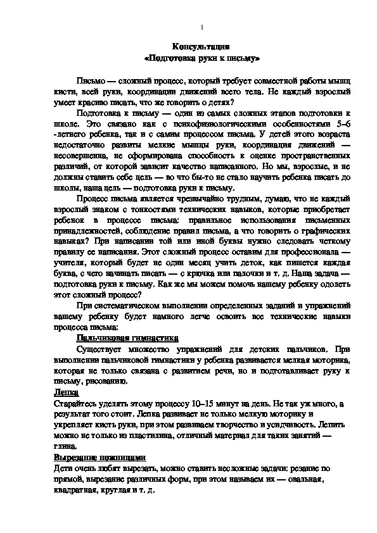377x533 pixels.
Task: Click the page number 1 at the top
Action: tap(201, 27)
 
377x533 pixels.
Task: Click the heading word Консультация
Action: tap(201, 47)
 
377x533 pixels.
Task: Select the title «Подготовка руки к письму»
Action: tap(201, 59)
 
